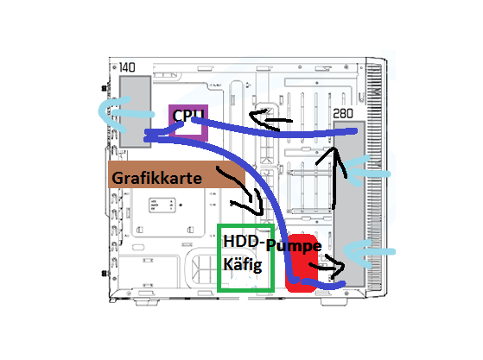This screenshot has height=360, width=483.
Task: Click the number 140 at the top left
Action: click(x=127, y=67)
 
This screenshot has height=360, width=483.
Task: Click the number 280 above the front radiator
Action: click(x=343, y=114)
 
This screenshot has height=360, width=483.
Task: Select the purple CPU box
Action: click(x=188, y=123)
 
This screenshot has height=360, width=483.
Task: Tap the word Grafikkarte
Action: click(x=156, y=178)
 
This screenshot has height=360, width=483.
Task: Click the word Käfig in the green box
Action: click(x=243, y=264)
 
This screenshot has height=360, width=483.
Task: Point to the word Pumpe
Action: click(x=294, y=246)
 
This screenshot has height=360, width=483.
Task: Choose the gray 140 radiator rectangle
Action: click(x=136, y=111)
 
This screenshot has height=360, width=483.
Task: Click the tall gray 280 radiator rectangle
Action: click(x=349, y=204)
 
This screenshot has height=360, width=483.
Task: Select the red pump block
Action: click(x=301, y=263)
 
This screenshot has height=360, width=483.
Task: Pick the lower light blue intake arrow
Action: click(x=368, y=252)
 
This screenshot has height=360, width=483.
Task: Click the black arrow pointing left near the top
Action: click(x=270, y=120)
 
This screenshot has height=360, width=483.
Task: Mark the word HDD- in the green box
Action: click(x=244, y=241)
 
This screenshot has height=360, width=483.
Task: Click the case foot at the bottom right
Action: click(x=334, y=302)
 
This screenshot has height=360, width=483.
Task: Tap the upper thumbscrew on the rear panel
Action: click(x=104, y=88)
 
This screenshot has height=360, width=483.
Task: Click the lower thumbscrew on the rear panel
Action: click(x=105, y=273)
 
